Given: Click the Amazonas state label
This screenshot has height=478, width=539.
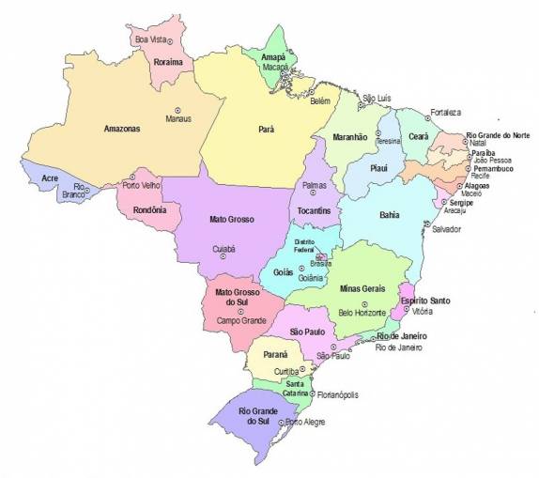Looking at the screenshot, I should [x=121, y=128].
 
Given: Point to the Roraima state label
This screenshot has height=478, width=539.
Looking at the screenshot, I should [x=168, y=61].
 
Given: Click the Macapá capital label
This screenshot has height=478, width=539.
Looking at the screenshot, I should [x=274, y=68].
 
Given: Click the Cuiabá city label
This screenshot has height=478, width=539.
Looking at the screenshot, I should [x=224, y=249].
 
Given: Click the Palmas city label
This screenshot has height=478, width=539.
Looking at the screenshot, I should [x=315, y=186].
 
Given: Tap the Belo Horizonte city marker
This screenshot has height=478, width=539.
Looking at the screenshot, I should [x=363, y=303].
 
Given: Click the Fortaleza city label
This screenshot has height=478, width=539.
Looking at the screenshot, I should [x=445, y=113].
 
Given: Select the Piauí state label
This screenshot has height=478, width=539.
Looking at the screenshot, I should [x=379, y=168].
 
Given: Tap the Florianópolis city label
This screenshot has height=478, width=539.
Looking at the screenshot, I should [x=337, y=394].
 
